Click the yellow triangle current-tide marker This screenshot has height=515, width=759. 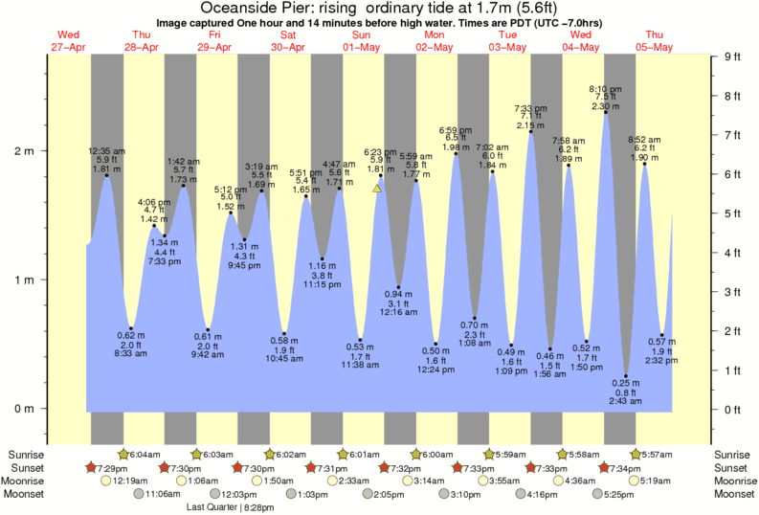coord(377,189)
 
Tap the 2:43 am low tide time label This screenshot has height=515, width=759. coord(626,402)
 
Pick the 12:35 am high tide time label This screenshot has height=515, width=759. coord(106,150)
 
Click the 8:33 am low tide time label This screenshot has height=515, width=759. coord(131,353)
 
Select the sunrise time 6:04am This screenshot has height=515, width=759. coord(143,455)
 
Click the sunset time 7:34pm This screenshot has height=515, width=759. coord(625,467)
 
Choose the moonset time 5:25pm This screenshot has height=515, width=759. coord(617,494)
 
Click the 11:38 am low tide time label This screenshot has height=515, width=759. coord(360,367)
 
